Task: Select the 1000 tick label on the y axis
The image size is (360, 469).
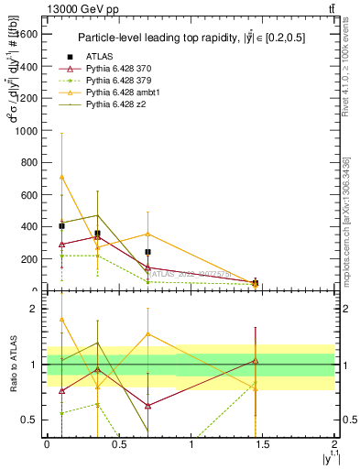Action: [x=27, y=130]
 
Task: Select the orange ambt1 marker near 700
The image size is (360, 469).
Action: [x=61, y=177]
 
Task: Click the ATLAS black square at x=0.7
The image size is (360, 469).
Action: [x=147, y=252]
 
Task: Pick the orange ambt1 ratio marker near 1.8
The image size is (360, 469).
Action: [x=61, y=320]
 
